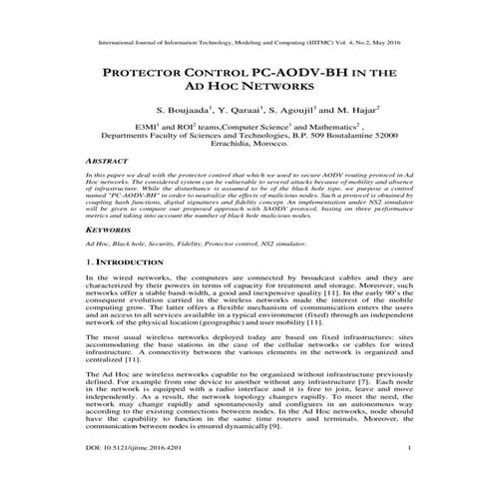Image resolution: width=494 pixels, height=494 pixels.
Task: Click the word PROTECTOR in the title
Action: [x=147, y=75]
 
